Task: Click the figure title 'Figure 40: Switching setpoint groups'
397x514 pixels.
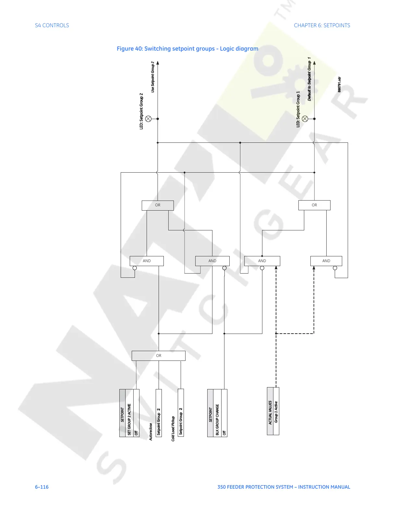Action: coord(187,49)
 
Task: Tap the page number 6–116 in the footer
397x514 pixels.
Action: coord(42,487)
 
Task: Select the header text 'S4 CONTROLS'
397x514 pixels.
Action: coord(52,25)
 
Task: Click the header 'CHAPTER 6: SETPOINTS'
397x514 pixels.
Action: coord(322,25)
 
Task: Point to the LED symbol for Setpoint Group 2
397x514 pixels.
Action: coord(149,119)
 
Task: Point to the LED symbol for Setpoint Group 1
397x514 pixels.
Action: coord(305,119)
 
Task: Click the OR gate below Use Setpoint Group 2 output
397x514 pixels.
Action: coord(158,205)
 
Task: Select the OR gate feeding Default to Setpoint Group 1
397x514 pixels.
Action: coord(314,205)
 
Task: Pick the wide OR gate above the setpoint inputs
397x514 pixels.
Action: coord(159,356)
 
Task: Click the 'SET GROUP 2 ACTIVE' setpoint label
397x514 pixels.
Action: coord(129,419)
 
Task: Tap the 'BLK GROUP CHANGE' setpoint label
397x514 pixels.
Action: coord(217,419)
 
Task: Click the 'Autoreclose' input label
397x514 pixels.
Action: coord(151,432)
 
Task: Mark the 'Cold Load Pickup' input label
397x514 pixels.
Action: coord(173,428)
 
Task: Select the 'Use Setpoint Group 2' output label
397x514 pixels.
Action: coord(153,77)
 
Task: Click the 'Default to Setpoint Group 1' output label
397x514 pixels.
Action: coord(309,79)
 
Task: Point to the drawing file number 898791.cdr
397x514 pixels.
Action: coord(339,85)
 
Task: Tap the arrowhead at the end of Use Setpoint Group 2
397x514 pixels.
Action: coord(158,63)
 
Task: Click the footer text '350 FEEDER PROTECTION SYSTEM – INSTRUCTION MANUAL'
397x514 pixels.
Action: coord(284,487)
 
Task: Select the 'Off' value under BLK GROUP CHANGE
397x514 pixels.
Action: coord(224,433)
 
